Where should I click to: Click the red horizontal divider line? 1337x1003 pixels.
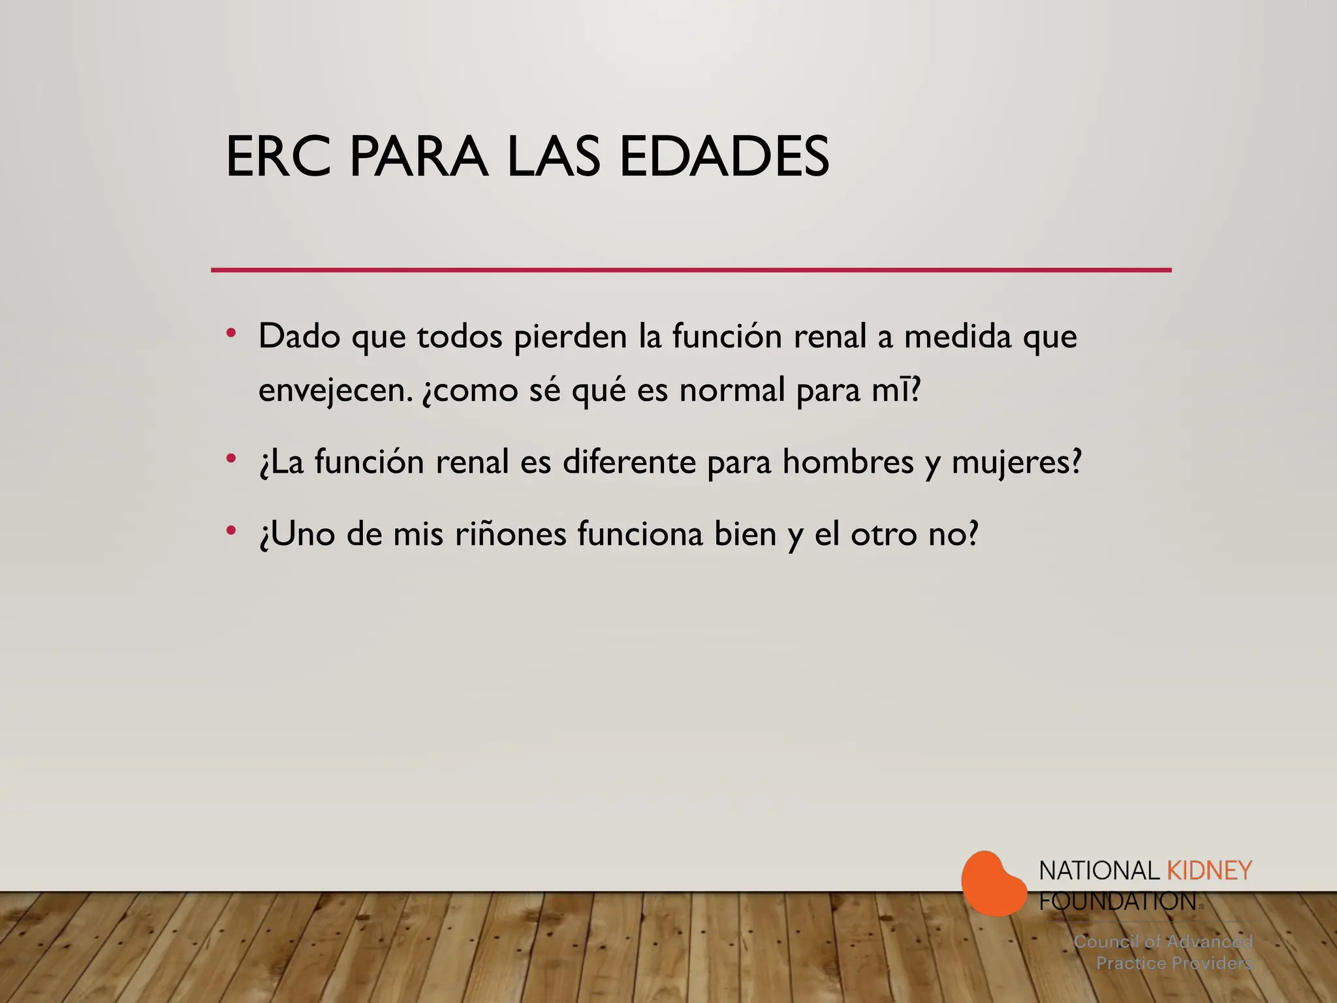691,270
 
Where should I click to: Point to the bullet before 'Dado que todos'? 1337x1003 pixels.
230,333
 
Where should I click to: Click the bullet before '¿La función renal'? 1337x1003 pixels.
230,458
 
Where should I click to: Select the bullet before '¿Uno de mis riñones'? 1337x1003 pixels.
230,530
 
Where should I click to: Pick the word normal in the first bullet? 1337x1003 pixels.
732,390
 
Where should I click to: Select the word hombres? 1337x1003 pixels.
847,462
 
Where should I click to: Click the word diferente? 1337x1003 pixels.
629,462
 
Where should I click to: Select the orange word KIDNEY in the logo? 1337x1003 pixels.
1209,870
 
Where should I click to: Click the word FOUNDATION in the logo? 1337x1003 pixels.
1117,901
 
